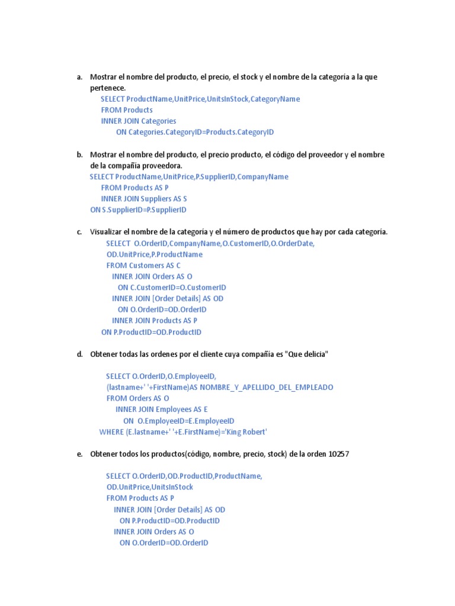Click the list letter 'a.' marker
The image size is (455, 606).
79,77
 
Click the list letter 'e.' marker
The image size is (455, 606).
79,454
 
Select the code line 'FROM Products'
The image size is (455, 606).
127,110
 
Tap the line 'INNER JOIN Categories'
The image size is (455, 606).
139,121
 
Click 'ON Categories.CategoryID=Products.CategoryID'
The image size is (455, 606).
195,132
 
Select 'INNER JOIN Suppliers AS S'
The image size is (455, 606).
144,199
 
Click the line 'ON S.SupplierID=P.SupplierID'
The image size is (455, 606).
138,209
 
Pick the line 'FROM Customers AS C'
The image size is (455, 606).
143,266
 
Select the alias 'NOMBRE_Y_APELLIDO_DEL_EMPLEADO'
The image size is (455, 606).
267,388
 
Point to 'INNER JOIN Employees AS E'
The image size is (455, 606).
162,410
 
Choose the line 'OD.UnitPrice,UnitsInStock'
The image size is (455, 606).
150,487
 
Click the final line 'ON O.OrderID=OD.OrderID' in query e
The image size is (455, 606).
164,543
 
